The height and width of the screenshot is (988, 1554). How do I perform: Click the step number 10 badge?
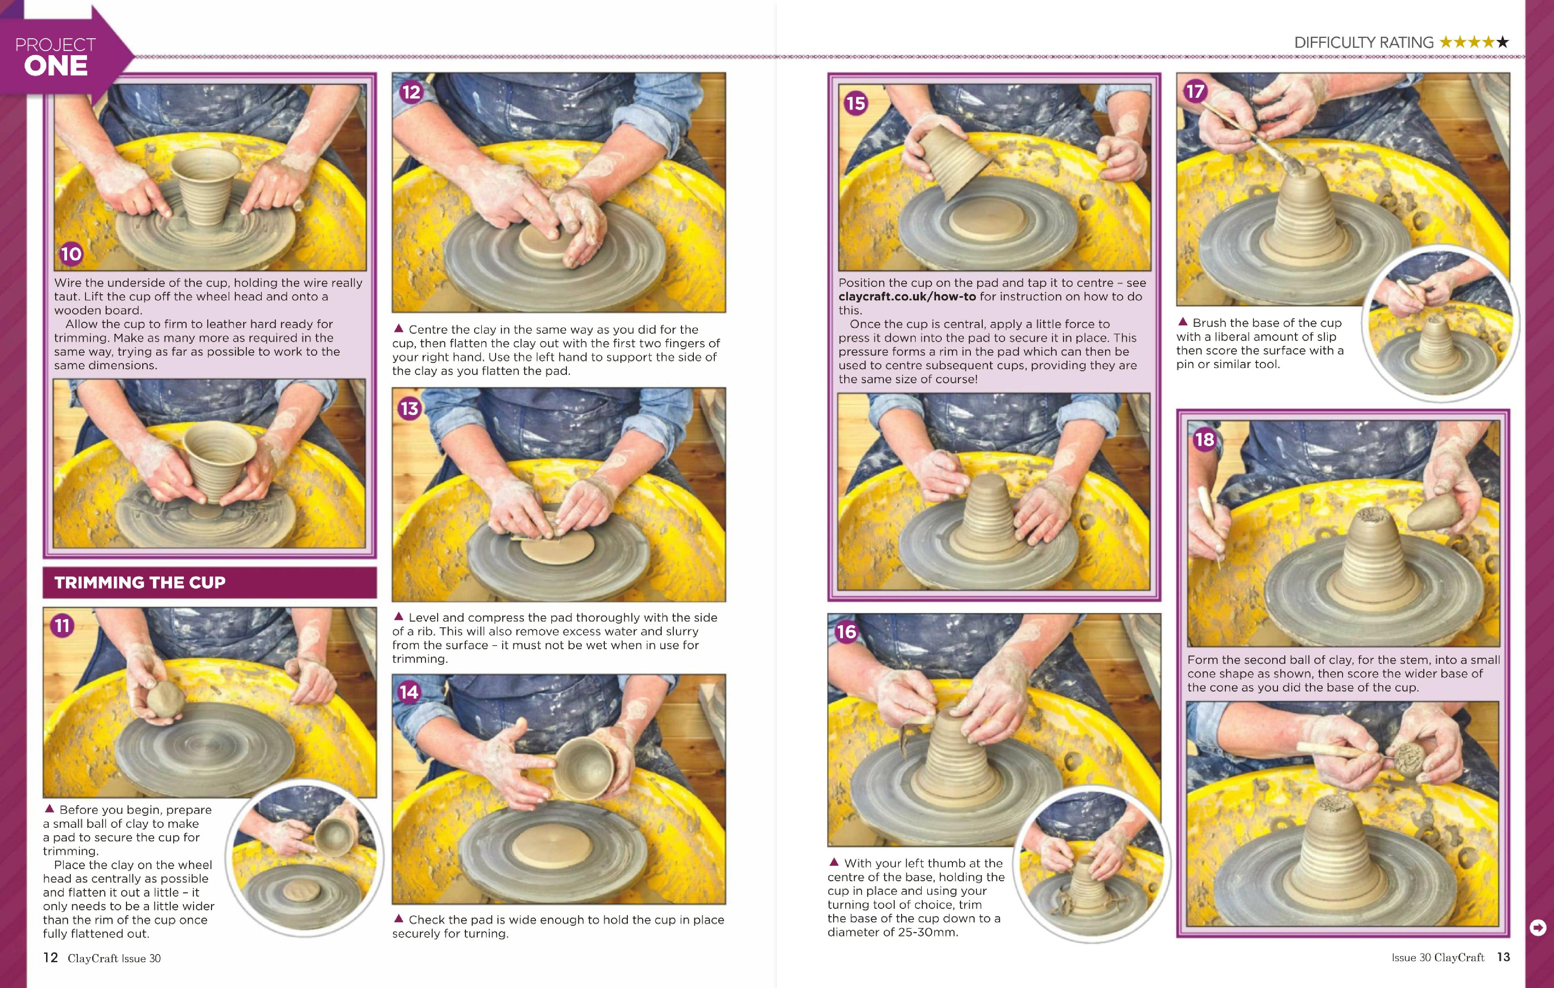coord(71,254)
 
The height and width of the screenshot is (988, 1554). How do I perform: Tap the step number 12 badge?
coord(411,92)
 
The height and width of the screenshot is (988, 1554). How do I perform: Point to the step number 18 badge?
coord(1204,440)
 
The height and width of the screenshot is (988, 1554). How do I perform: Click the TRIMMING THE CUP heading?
coord(140,583)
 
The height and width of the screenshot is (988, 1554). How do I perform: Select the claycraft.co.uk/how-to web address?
coord(907,296)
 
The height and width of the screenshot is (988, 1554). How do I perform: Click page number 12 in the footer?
coord(50,958)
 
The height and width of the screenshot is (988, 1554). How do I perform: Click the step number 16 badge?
coord(846,632)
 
